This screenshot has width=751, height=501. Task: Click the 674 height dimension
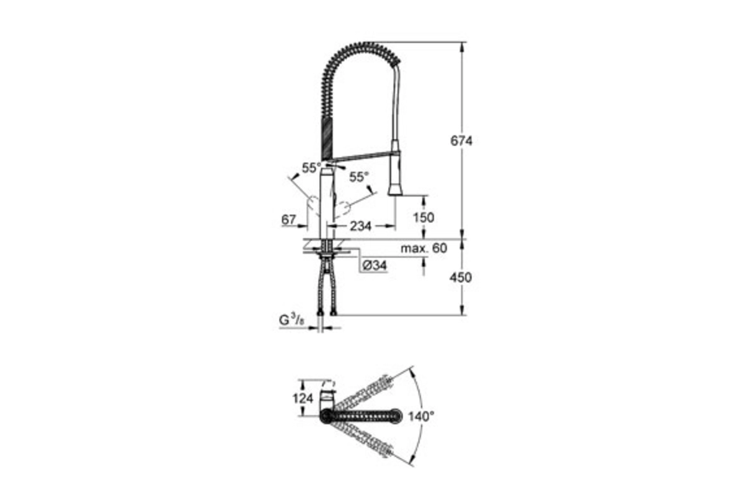(x=461, y=141)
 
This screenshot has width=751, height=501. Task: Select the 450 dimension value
(x=461, y=277)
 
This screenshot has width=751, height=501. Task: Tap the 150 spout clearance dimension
(x=424, y=217)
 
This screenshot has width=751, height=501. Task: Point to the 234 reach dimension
(x=360, y=226)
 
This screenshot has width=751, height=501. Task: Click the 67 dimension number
(x=289, y=220)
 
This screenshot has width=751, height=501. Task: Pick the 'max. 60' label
(x=424, y=249)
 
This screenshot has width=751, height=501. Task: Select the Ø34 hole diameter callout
(x=374, y=266)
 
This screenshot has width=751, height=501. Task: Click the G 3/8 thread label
(x=292, y=320)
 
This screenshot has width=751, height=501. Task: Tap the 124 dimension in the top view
(x=303, y=398)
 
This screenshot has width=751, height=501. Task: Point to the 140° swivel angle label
(x=421, y=417)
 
